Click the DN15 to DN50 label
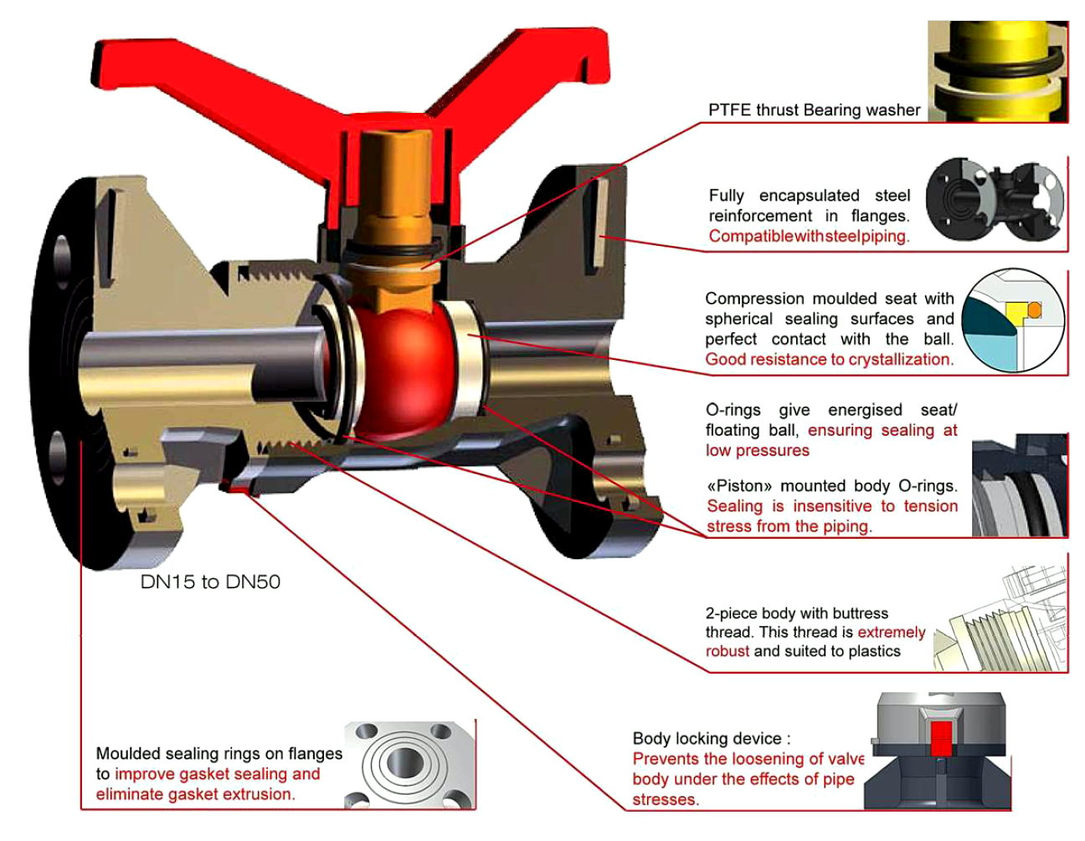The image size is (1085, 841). click(210, 582)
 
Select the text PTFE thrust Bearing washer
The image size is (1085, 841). click(814, 110)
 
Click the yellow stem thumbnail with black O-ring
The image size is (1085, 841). click(998, 71)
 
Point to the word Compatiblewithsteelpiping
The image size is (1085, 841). click(809, 236)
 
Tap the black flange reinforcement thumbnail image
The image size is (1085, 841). click(995, 200)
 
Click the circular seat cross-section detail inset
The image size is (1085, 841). click(1013, 321)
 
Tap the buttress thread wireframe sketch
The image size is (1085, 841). click(1000, 619)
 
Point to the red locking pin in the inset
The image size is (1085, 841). click(941, 738)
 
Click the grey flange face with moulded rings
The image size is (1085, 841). click(409, 765)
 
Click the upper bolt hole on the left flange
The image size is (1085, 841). click(62, 262)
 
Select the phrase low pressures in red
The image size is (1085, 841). click(757, 451)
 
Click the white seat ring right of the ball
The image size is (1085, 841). click(467, 358)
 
